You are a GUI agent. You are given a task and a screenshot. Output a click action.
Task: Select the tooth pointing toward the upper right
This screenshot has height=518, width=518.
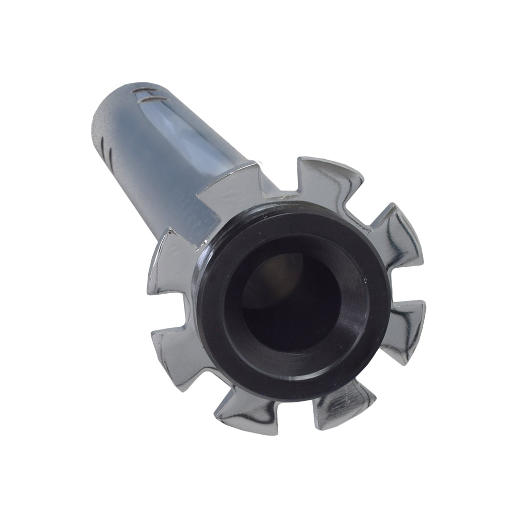[396, 233]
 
